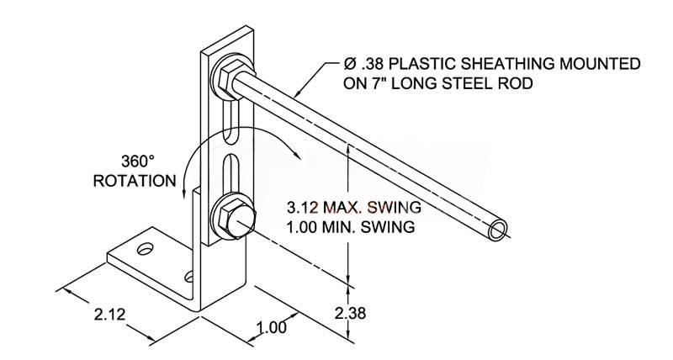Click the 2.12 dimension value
109,315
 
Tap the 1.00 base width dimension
271,327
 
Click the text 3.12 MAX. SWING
353,207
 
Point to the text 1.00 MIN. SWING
350,227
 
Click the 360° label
137,161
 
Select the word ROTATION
135,180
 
